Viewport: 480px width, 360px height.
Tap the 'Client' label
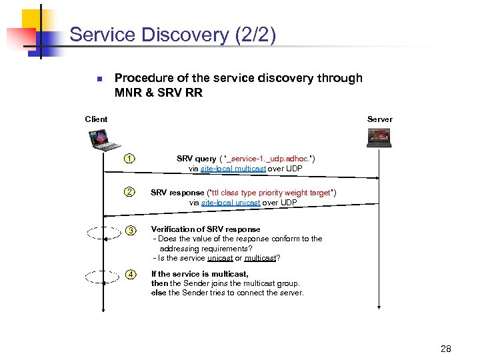point(96,119)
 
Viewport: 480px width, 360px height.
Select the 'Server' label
point(379,119)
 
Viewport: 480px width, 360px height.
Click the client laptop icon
point(103,140)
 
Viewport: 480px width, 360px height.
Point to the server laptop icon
point(380,137)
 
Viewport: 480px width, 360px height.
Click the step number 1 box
point(130,159)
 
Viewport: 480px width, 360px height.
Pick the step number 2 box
point(130,193)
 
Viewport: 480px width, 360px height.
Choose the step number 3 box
point(131,230)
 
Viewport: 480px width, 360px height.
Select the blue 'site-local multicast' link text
point(233,169)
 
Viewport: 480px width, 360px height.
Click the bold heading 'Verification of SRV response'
point(205,229)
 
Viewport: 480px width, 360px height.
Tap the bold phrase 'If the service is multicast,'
point(199,274)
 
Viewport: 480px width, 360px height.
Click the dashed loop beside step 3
point(103,232)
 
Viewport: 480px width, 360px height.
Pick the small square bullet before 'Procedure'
point(97,79)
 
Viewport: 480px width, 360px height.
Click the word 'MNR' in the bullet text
point(128,93)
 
